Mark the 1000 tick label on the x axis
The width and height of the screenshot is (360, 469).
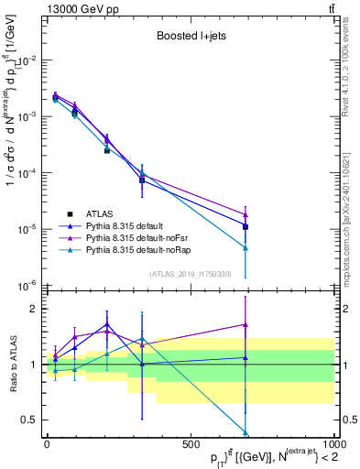point(333,443)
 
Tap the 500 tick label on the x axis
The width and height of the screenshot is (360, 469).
point(191,443)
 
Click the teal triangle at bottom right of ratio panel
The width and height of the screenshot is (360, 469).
point(245,432)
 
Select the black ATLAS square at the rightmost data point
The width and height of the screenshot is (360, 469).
point(245,226)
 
